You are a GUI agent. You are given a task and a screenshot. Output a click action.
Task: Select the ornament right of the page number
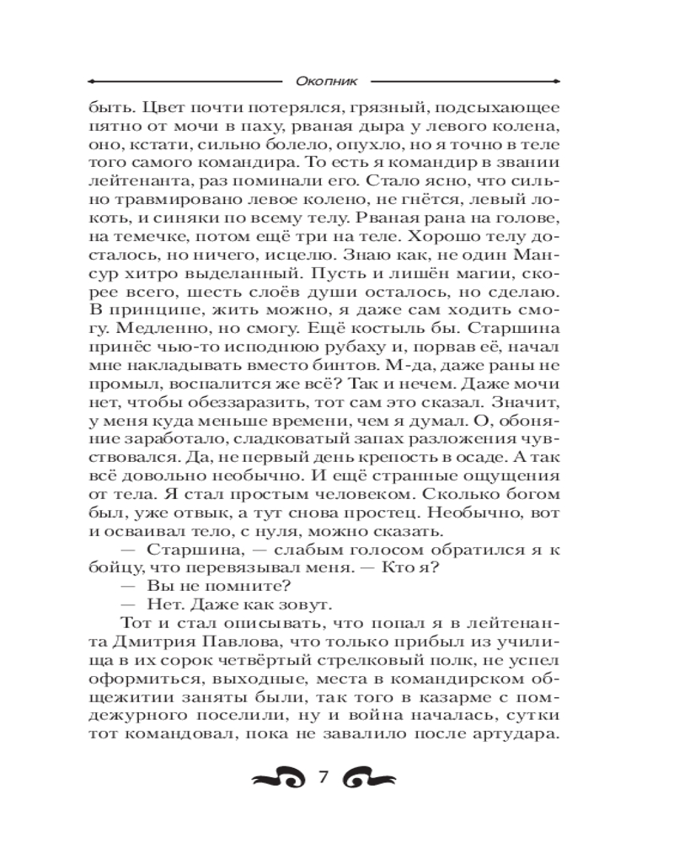[370, 777]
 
